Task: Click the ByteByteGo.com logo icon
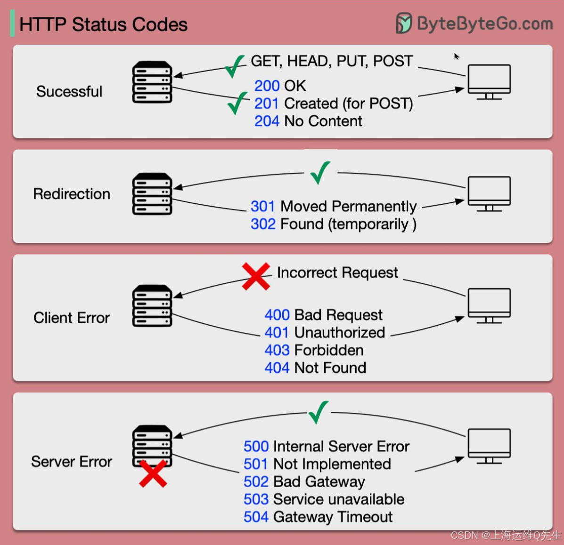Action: coord(404,23)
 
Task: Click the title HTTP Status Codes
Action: coord(103,24)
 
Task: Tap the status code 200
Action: coord(267,86)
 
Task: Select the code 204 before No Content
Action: coord(267,121)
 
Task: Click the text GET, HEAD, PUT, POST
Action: coord(332,61)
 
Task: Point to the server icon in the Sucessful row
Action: coord(152,82)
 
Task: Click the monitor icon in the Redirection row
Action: coord(489,193)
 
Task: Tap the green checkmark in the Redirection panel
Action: coord(320,173)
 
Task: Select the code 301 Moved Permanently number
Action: coord(262,207)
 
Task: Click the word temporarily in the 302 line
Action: coord(369,224)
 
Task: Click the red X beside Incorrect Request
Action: coord(256,276)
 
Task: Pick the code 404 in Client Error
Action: coord(277,368)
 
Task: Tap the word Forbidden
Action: coord(329,350)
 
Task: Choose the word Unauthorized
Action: coord(340,333)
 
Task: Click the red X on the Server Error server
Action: coord(153,473)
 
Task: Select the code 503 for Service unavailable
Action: coord(256,499)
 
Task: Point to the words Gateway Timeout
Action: coord(333,517)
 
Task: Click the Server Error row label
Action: coord(72,462)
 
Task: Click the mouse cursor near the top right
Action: coord(456,56)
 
